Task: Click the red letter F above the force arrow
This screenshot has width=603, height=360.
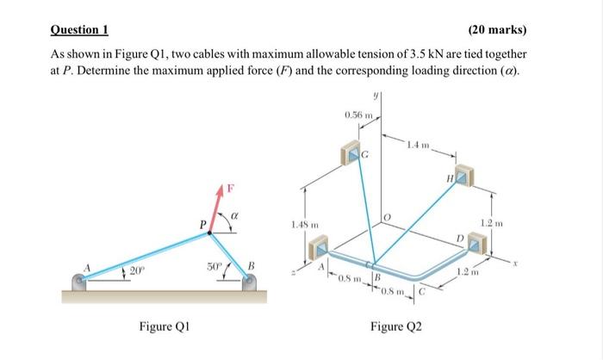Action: coord(231,186)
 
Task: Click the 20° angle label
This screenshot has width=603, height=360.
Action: coord(135,273)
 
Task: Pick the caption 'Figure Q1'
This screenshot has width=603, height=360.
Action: coord(165,326)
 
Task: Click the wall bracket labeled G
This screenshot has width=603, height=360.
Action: coord(355,154)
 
